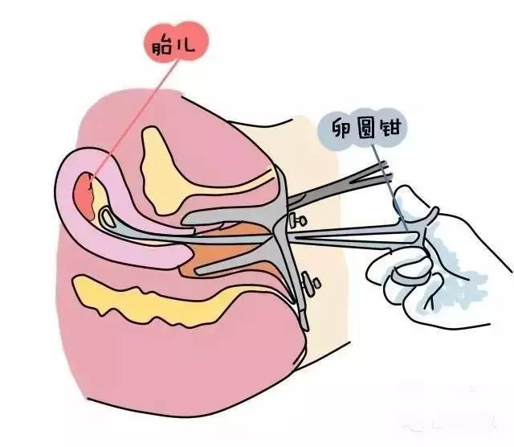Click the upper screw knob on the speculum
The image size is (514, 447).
click(302, 219)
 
